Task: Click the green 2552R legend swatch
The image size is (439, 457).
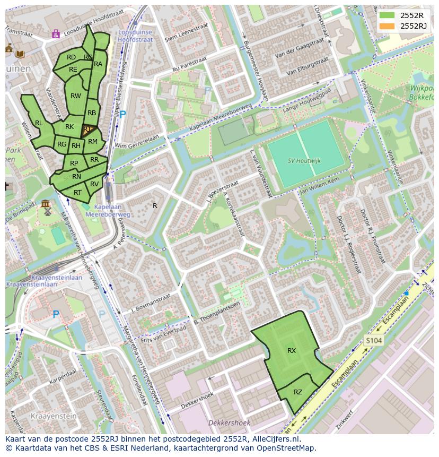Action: pyautogui.click(x=387, y=15)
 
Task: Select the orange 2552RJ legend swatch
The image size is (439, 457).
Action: pyautogui.click(x=387, y=26)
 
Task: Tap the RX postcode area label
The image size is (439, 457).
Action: pyautogui.click(x=292, y=351)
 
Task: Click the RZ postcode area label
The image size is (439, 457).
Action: pyautogui.click(x=298, y=392)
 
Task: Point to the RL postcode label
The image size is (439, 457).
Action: pyautogui.click(x=39, y=123)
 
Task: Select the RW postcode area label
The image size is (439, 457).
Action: pyautogui.click(x=76, y=96)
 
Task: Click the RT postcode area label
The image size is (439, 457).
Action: pyautogui.click(x=78, y=193)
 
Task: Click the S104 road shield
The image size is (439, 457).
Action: pyautogui.click(x=373, y=340)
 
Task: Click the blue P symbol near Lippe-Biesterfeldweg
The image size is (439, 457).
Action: pyautogui.click(x=123, y=114)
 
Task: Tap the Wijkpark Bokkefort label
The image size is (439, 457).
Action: pyautogui.click(x=422, y=93)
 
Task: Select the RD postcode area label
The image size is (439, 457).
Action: pyautogui.click(x=71, y=57)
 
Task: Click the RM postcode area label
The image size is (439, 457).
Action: pyautogui.click(x=93, y=142)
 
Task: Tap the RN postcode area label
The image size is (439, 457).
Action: pyautogui.click(x=76, y=177)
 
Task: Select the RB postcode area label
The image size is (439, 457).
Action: pyautogui.click(x=92, y=113)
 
